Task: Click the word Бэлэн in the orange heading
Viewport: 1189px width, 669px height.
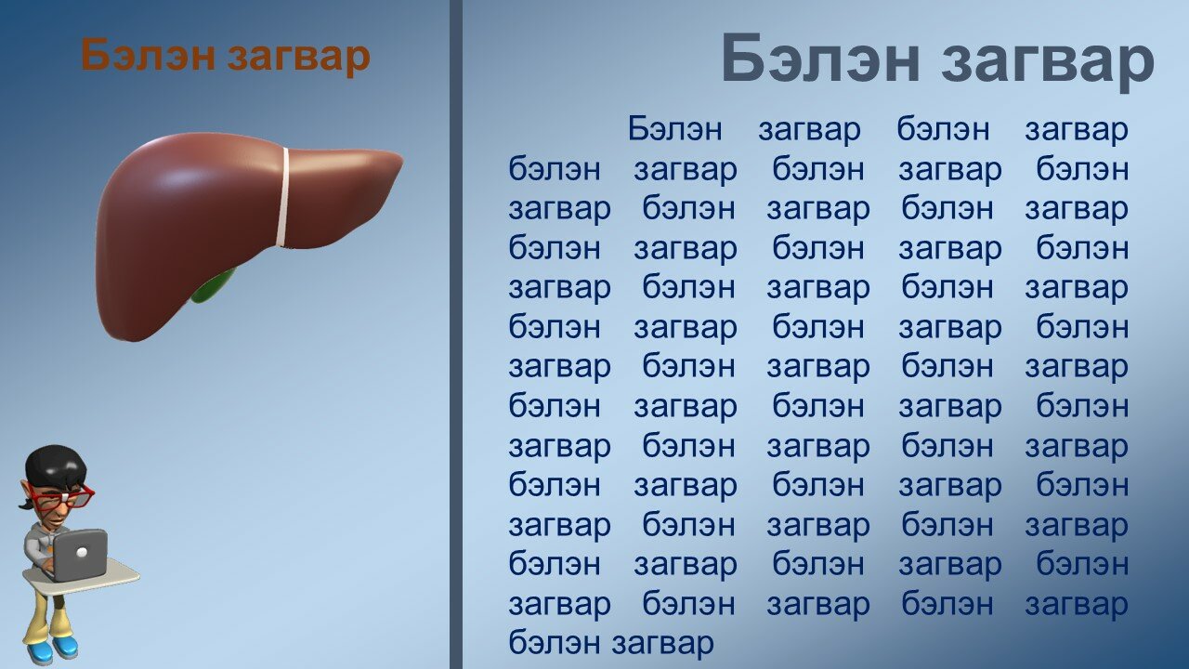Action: tap(148, 55)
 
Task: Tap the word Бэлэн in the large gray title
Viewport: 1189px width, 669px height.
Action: tap(820, 58)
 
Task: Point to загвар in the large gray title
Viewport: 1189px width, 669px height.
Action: tap(1048, 62)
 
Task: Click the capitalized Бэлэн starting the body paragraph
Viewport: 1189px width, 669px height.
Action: tap(674, 128)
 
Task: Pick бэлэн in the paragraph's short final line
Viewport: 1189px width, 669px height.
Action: tap(555, 642)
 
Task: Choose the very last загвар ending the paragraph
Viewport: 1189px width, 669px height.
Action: tap(663, 645)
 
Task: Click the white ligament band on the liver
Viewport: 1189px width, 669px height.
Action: tap(284, 196)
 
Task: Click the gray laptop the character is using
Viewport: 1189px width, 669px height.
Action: tap(80, 554)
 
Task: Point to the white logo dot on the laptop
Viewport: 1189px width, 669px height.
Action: tap(82, 553)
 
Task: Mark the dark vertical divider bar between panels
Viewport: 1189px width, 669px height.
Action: tap(456, 334)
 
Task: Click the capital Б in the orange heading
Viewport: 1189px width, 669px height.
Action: tap(96, 54)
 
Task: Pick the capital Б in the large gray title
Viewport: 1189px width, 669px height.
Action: tap(743, 58)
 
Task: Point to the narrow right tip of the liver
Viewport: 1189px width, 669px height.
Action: tap(400, 159)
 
